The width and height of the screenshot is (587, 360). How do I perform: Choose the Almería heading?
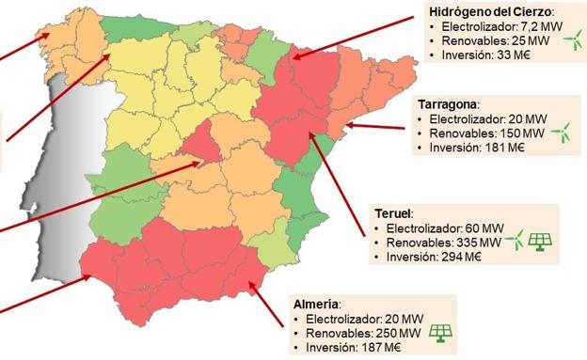(314, 303)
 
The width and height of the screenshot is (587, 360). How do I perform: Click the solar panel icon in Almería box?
(439, 332)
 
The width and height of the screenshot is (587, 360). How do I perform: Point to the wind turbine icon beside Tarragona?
(559, 133)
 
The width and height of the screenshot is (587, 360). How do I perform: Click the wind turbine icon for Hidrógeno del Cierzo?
(571, 41)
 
